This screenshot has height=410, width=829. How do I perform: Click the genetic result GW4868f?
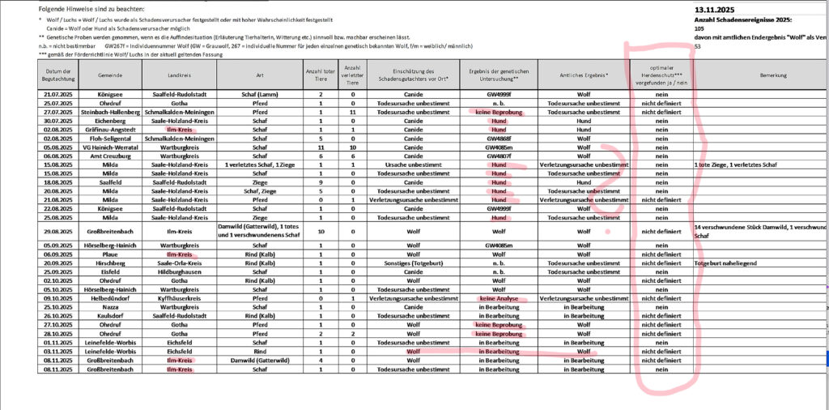click(x=498, y=139)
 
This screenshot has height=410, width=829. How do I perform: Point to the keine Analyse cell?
click(x=498, y=297)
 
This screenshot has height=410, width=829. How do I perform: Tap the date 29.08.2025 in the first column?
click(x=59, y=231)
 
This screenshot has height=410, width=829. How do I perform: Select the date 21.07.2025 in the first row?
click(x=59, y=95)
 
